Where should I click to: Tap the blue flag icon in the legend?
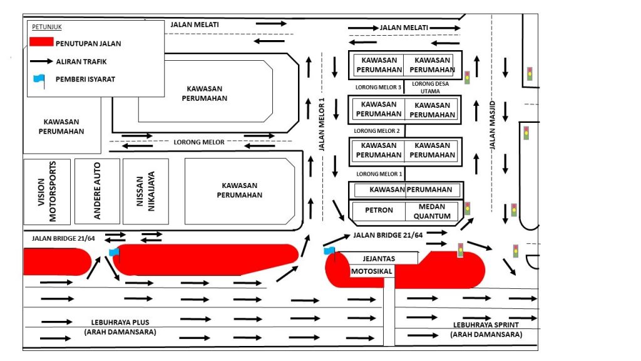coord(39,79)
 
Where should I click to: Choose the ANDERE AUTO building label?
coord(97,191)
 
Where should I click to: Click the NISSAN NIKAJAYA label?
coord(146,191)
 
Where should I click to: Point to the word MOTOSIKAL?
coord(371,271)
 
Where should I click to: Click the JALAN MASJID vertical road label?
coord(492,125)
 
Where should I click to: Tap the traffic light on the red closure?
coord(461,249)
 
